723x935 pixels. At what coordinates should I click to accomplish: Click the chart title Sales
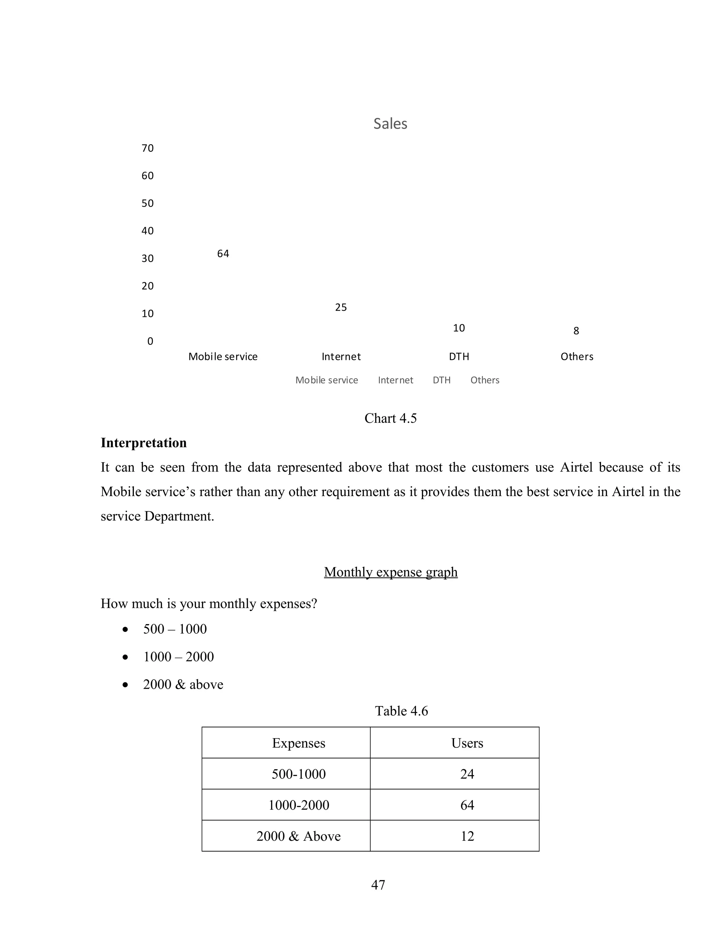[x=390, y=124]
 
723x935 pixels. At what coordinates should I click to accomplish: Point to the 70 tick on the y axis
[x=147, y=148]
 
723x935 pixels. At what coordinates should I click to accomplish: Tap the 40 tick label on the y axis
[x=147, y=231]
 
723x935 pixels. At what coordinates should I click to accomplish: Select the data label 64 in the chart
[x=223, y=254]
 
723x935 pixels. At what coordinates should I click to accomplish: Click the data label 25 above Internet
[x=341, y=307]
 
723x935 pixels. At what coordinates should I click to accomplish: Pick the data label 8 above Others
[x=576, y=331]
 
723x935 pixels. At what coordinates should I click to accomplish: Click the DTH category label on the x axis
[x=459, y=357]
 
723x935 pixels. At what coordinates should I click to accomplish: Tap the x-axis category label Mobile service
[x=223, y=357]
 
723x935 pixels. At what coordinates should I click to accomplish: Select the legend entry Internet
[x=395, y=380]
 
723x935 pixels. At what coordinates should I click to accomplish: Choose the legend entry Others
[x=484, y=380]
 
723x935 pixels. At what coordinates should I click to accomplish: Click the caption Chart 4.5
[x=390, y=418]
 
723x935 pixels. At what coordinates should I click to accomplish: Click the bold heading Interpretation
[x=143, y=443]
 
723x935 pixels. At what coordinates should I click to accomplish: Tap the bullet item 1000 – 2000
[x=178, y=657]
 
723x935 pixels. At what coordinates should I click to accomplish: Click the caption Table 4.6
[x=401, y=711]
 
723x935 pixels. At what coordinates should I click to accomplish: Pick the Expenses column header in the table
[x=299, y=743]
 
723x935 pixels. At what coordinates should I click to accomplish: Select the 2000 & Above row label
[x=299, y=836]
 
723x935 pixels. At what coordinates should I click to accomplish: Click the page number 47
[x=378, y=885]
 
